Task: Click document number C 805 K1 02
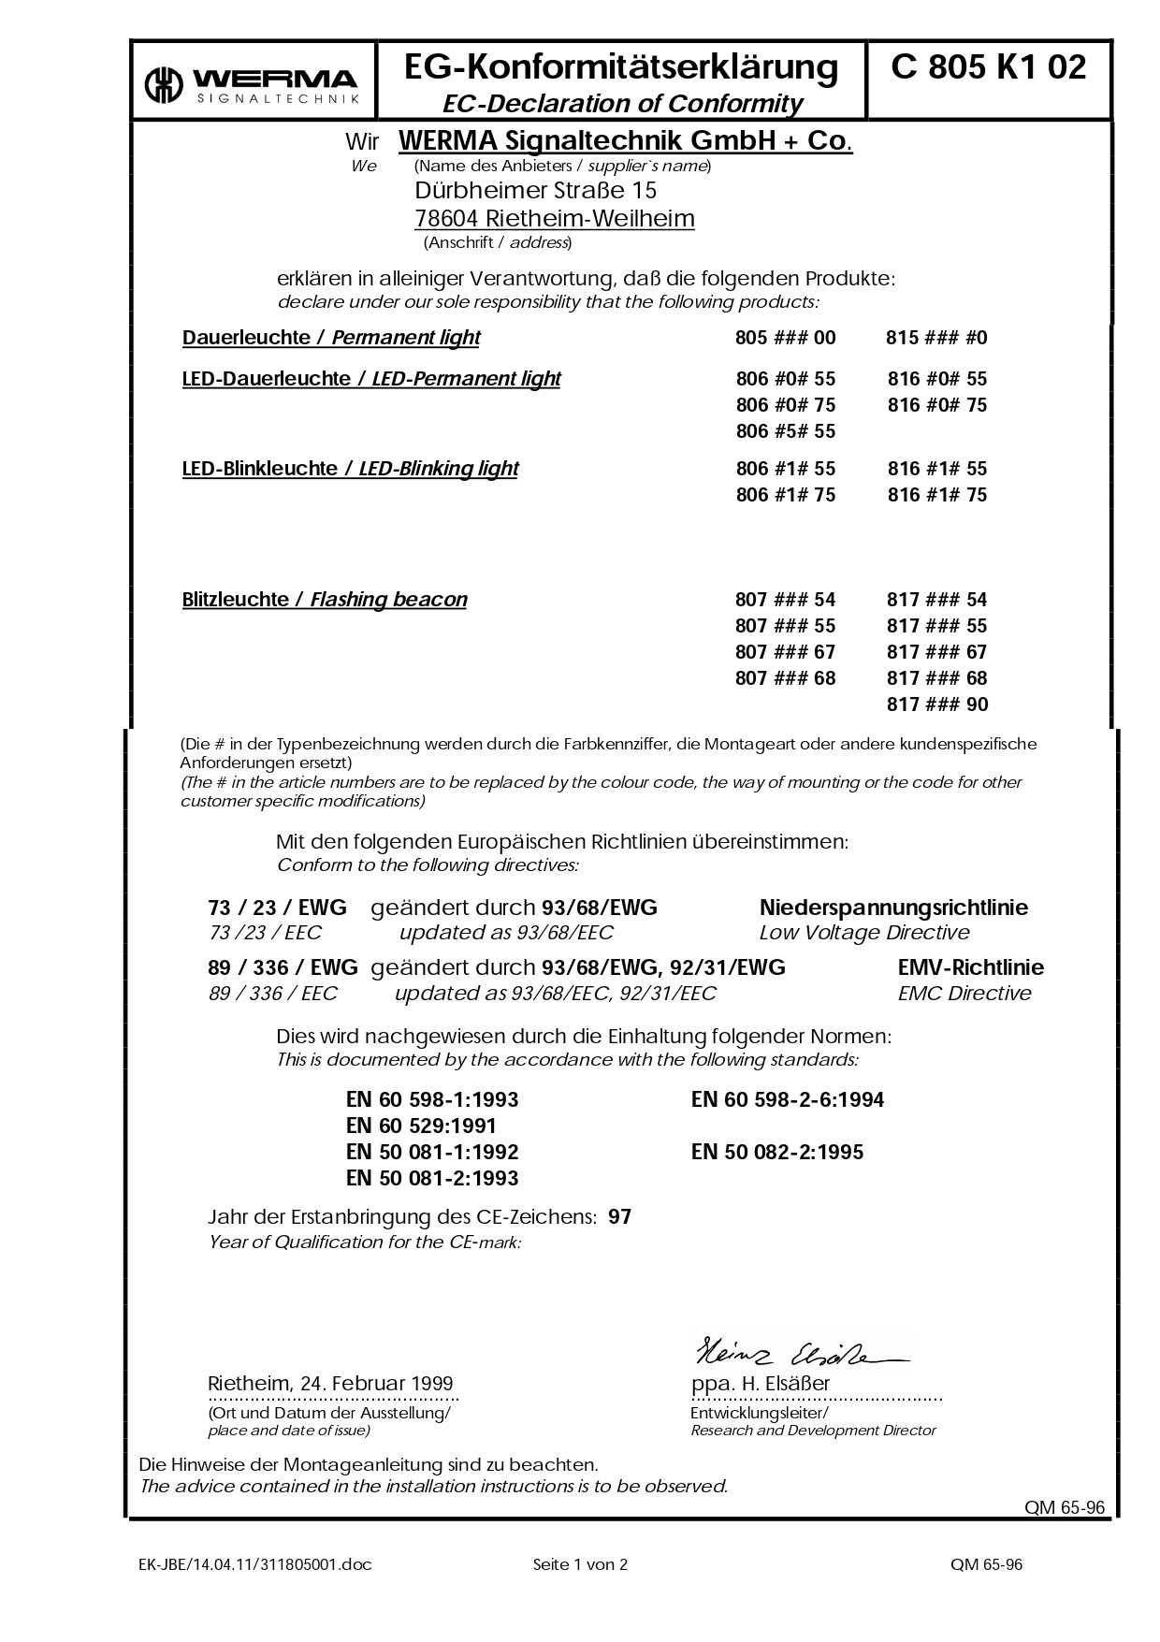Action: point(989,67)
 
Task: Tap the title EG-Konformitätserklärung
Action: point(621,67)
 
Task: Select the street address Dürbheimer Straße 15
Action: point(535,191)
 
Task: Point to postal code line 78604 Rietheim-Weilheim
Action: point(554,219)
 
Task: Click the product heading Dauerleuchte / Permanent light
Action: point(330,338)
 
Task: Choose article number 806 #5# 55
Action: point(785,431)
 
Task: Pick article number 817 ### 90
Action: point(936,705)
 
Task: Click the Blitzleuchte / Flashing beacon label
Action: point(324,600)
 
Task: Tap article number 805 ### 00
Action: point(785,338)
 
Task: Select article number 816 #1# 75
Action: point(936,495)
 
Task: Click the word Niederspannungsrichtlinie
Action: point(893,908)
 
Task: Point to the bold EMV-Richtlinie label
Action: point(970,968)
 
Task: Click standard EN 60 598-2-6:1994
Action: point(787,1100)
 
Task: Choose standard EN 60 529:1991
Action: point(421,1126)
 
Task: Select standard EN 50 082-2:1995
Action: point(776,1153)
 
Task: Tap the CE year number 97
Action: point(619,1217)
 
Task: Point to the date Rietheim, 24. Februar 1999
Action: point(329,1384)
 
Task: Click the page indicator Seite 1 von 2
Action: point(580,1564)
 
